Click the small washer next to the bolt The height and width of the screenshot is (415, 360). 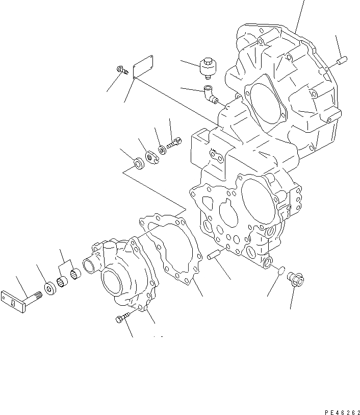tap(161, 150)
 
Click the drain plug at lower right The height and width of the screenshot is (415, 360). tap(296, 279)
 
